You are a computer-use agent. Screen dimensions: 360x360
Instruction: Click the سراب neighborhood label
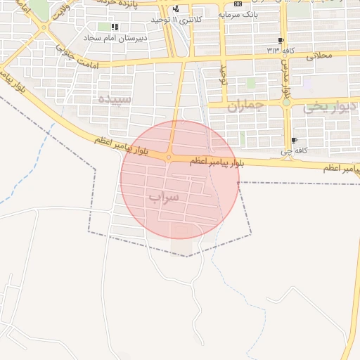point(163,198)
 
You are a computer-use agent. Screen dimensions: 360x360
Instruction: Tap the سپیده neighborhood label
point(115,99)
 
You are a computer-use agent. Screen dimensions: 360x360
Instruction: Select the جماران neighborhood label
point(244,106)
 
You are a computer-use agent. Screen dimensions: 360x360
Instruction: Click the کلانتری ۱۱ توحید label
point(181,20)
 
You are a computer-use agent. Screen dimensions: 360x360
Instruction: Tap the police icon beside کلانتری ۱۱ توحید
point(175,9)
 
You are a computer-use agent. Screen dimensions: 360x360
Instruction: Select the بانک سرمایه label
point(236,13)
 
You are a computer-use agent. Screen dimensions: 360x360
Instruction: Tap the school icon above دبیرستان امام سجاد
point(114,27)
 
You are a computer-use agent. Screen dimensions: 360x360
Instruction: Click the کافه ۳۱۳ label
point(280,50)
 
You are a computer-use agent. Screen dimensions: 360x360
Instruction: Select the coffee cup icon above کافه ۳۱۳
point(281,40)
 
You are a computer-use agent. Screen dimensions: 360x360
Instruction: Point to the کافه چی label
point(292,150)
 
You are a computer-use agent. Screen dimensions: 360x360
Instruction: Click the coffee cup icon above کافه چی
point(293,140)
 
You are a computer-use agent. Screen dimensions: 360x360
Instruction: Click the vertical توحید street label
point(225,73)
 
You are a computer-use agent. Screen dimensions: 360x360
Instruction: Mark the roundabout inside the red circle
point(169,157)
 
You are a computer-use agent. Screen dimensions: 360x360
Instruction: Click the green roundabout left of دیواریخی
point(286,103)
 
